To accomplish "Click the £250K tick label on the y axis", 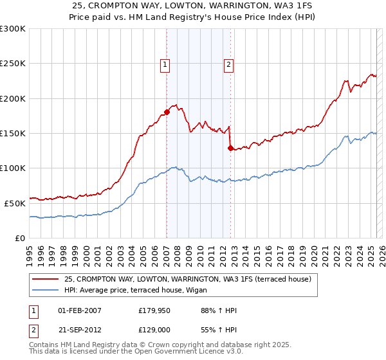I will pos(13,64).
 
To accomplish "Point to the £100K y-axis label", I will pos(13,168).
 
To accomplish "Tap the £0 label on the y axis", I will pos(21,238).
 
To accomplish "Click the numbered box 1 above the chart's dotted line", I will pos(165,64).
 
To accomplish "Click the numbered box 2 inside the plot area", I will pos(228,64).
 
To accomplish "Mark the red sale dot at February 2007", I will pos(167,112).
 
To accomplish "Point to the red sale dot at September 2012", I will pos(230,148).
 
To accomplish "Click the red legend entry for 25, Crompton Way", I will pos(188,279).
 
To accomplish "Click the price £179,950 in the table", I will pos(153,310).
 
